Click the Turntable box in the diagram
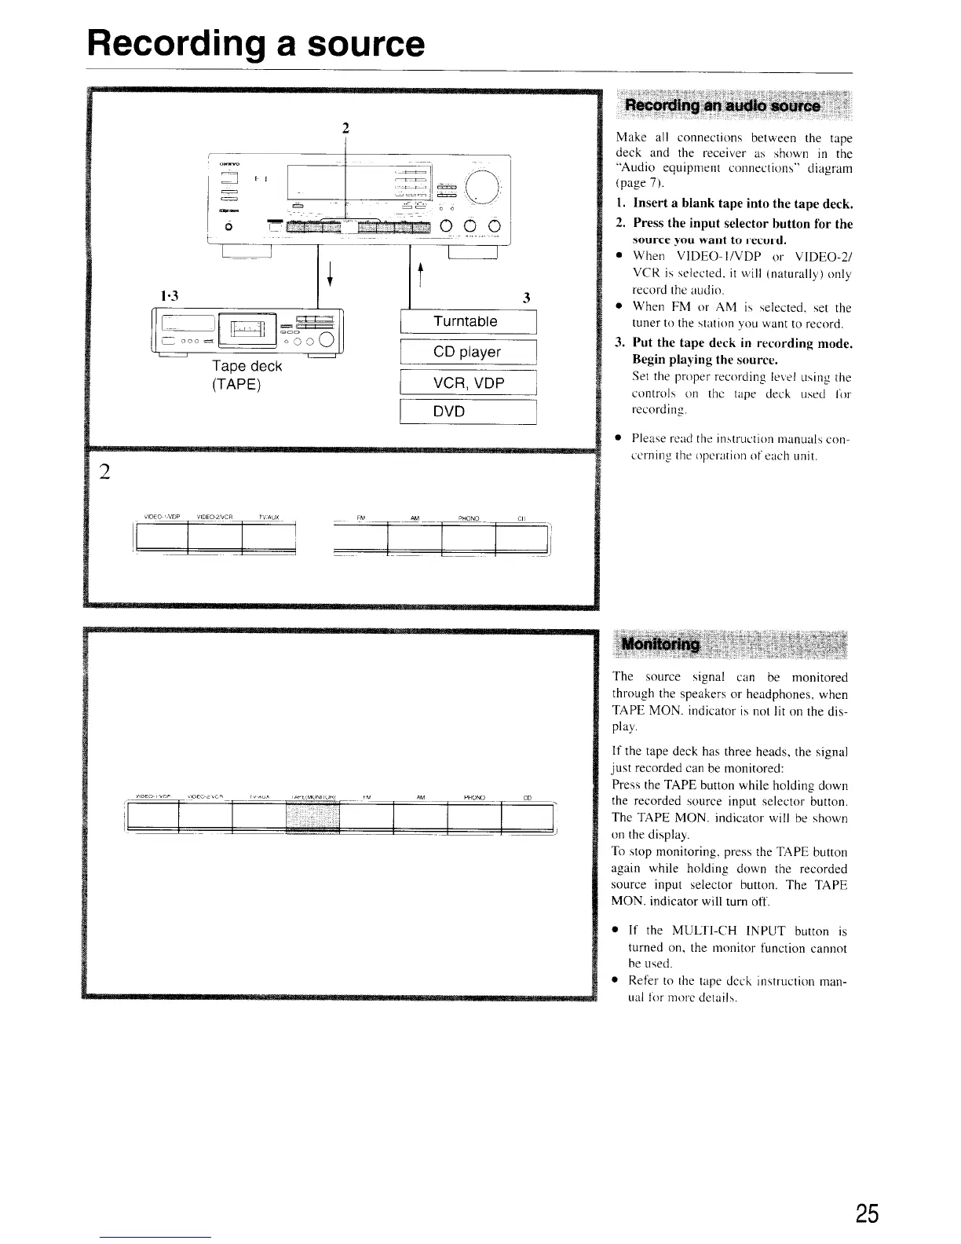click(x=467, y=322)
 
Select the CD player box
click(x=467, y=352)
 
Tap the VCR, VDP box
click(x=467, y=382)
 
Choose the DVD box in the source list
click(x=467, y=412)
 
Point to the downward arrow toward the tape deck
click(x=329, y=276)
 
